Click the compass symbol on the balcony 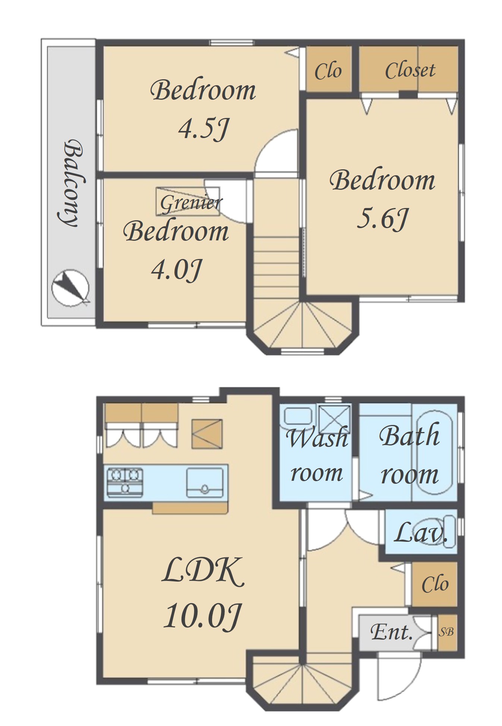[70, 287]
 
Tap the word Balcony [71, 183]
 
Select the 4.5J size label [203, 129]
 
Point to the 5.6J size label [382, 218]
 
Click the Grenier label [191, 203]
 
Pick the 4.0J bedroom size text [176, 270]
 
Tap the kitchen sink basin [206, 483]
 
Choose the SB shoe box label [446, 631]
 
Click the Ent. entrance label [391, 631]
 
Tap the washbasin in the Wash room [298, 416]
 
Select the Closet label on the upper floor [410, 70]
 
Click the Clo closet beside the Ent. [435, 584]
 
